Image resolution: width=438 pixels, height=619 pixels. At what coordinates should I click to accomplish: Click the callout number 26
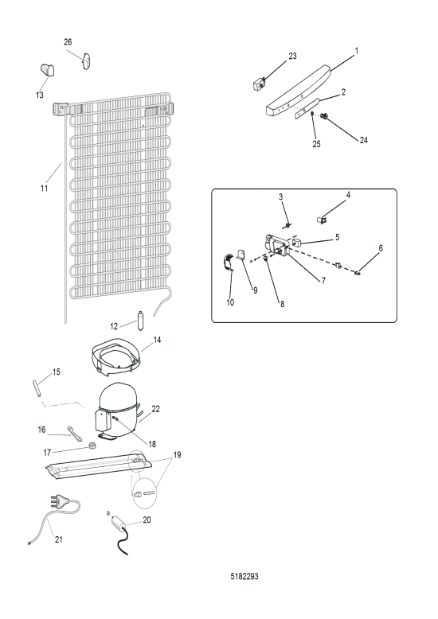click(68, 42)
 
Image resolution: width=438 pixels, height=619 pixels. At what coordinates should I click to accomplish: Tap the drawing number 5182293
click(244, 576)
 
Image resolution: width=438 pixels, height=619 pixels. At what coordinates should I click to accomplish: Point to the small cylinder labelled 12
click(139, 321)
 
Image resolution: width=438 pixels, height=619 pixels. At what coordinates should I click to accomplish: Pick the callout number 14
click(157, 340)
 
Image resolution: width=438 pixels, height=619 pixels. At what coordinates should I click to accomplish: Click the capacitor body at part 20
click(118, 523)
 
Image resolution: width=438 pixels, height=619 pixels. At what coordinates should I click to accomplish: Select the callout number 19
click(177, 455)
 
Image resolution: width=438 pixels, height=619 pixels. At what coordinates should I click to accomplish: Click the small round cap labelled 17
click(93, 446)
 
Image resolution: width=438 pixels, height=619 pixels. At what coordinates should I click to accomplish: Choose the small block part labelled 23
click(259, 84)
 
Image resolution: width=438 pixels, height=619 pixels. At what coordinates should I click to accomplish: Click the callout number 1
click(356, 51)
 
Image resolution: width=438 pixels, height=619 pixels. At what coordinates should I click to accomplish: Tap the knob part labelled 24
click(326, 116)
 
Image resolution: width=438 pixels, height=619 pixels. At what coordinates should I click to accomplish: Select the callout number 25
click(316, 144)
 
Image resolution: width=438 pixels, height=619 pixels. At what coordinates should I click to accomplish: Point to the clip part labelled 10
click(227, 263)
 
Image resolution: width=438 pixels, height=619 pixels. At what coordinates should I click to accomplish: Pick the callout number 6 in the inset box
click(381, 248)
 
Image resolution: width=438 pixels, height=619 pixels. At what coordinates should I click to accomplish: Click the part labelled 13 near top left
click(48, 70)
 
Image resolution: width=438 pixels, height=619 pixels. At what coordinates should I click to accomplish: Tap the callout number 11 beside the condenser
click(44, 189)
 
